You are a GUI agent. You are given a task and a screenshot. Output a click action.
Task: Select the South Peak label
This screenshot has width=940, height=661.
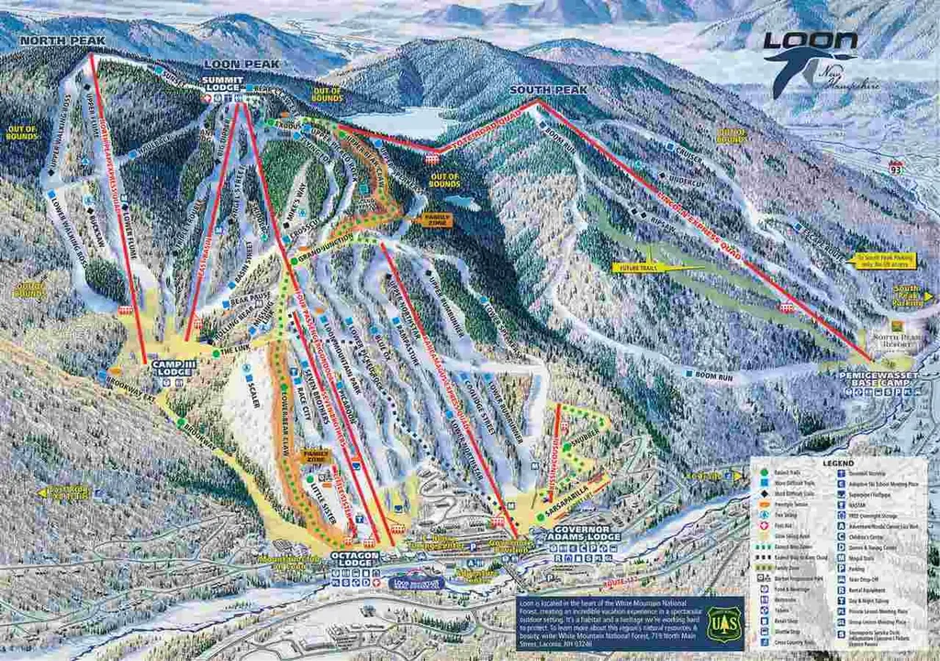(548, 90)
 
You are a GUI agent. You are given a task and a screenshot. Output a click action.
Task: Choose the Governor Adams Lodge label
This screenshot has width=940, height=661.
(585, 532)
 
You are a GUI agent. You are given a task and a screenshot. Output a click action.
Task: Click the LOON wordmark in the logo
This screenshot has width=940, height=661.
(811, 41)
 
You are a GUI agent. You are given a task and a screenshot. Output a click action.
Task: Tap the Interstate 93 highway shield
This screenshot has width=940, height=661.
(895, 167)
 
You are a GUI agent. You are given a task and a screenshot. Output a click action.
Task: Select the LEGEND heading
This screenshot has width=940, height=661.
(838, 464)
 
